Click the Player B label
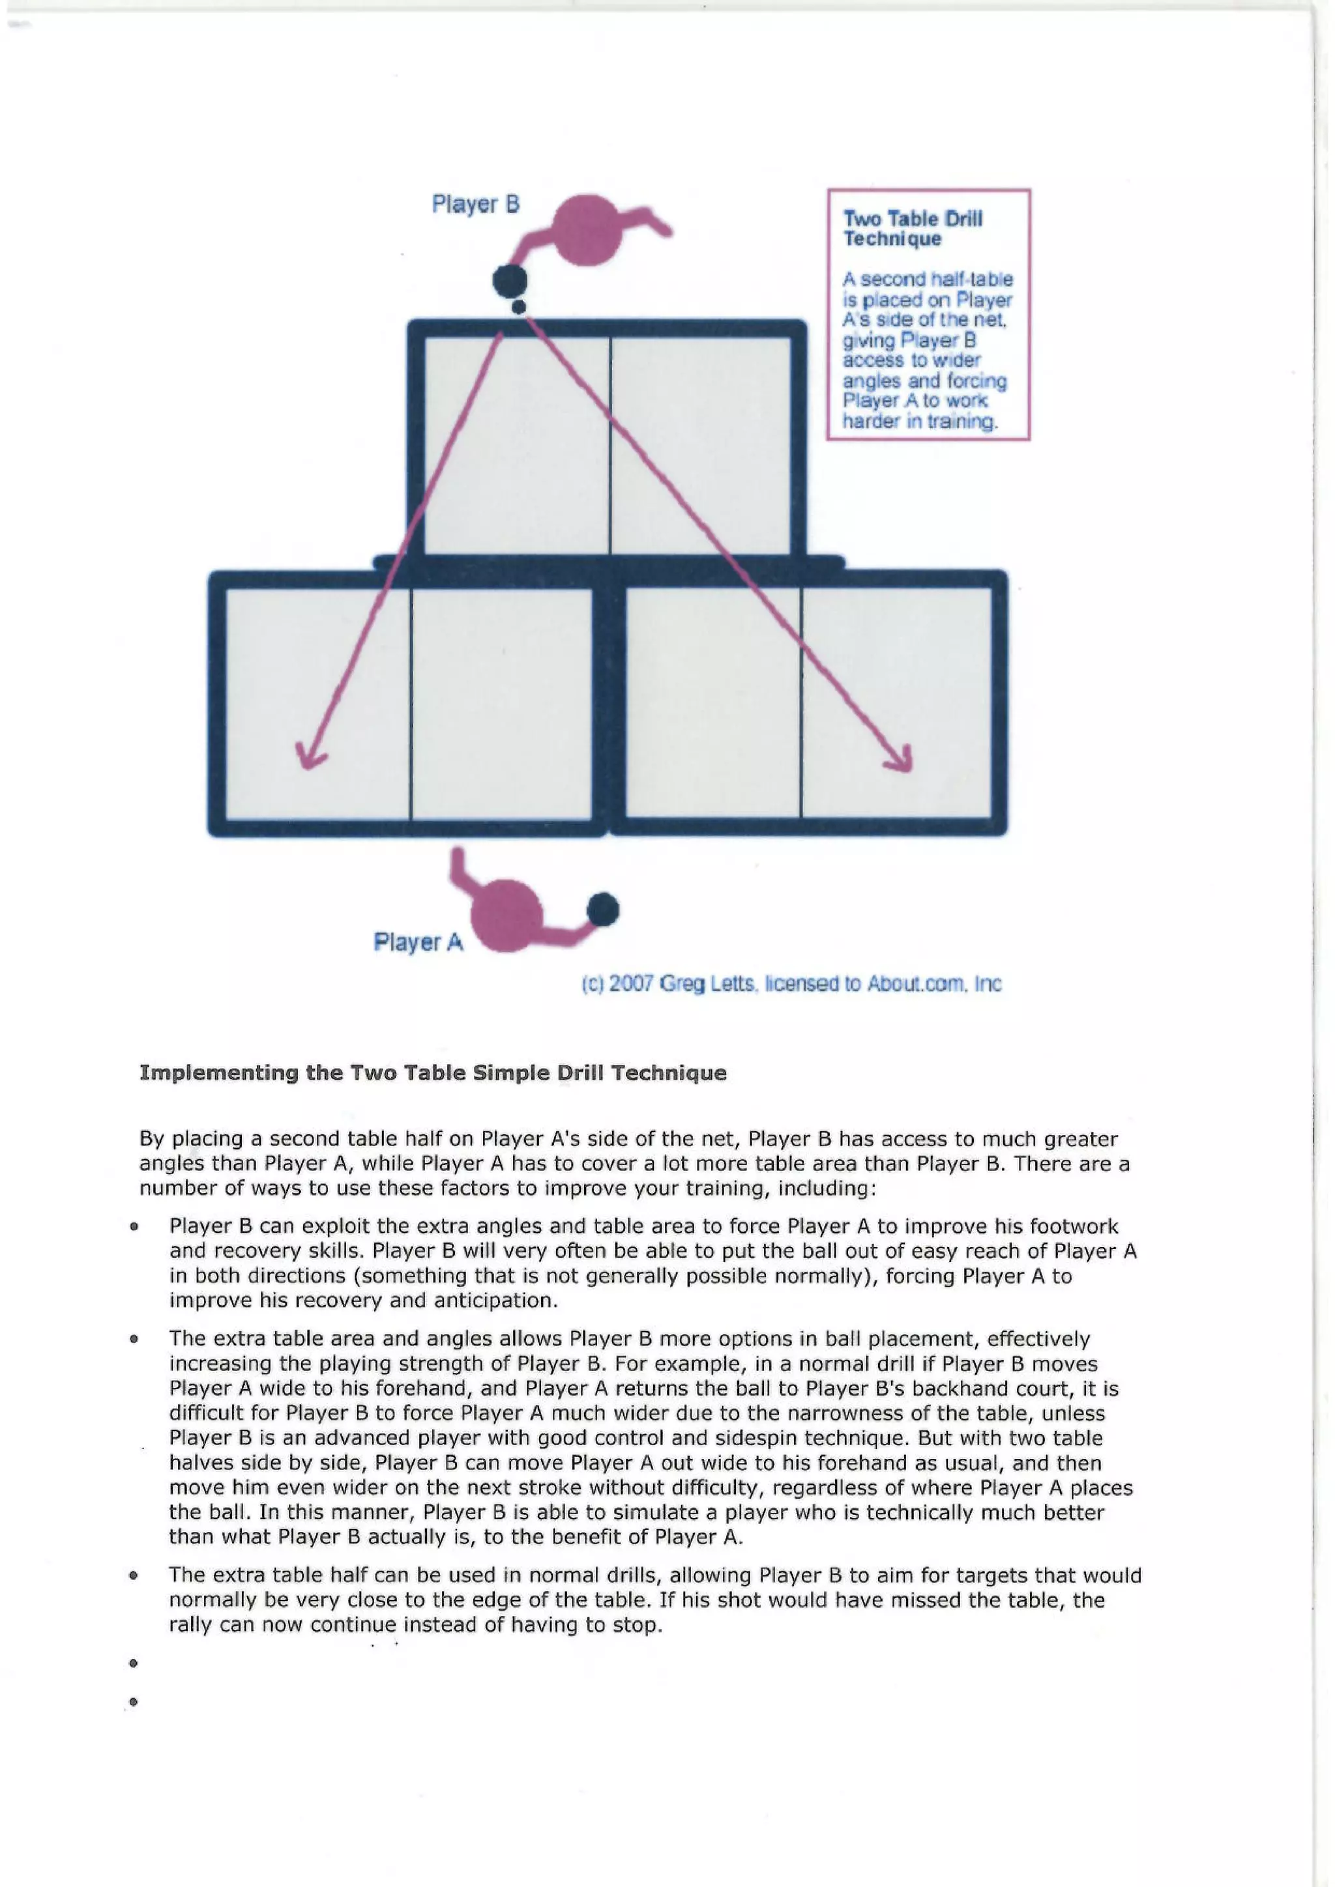coord(476,204)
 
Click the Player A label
coord(418,942)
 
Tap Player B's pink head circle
coord(587,230)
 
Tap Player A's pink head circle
coord(506,915)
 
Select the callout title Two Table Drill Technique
coord(913,229)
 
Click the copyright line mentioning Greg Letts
coord(791,984)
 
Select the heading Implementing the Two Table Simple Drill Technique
coord(433,1073)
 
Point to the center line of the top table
coord(610,444)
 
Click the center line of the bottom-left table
coord(410,702)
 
